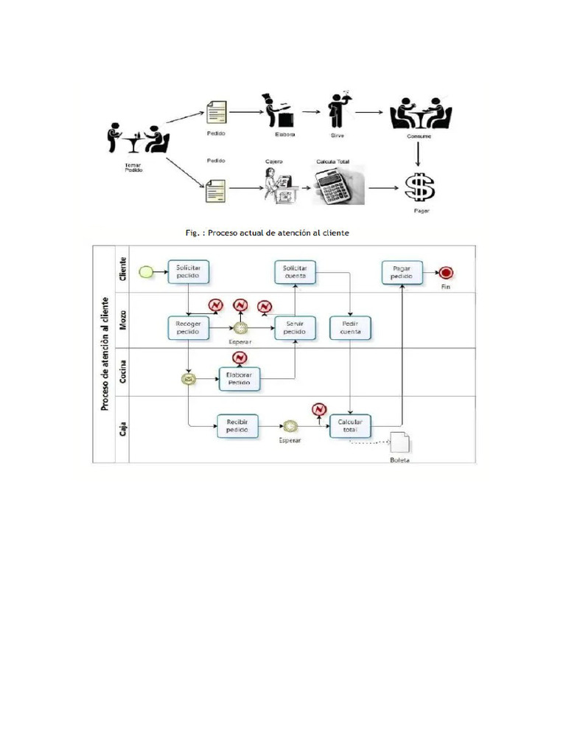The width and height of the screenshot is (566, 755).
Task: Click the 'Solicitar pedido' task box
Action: (188, 271)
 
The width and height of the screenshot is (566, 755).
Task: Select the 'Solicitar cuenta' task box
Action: (296, 271)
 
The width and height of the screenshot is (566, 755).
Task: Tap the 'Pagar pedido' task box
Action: (402, 272)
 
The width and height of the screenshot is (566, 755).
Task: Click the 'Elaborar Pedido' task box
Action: (239, 380)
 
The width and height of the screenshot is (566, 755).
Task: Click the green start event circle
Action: (146, 272)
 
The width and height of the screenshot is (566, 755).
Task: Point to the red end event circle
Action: (445, 272)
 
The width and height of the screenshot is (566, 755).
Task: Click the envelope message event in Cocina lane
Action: (189, 380)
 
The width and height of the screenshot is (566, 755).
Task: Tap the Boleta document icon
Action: (400, 443)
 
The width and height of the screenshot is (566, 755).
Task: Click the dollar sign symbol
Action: (420, 187)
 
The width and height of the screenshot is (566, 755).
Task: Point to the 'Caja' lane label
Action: (122, 428)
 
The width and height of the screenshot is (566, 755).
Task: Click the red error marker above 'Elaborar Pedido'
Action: (239, 358)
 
